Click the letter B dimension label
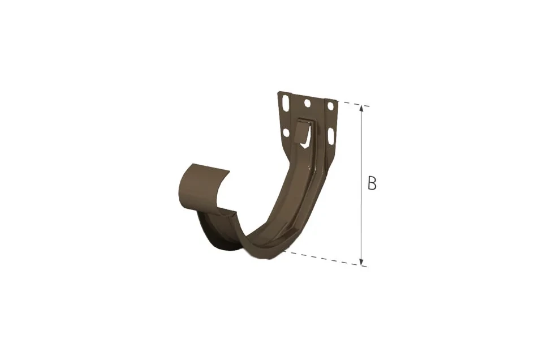[x=372, y=183]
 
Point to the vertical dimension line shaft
[x=361, y=185]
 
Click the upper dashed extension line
[x=352, y=104]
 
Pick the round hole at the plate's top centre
[x=307, y=103]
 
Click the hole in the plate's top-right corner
[x=330, y=105]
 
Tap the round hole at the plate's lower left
[x=286, y=132]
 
